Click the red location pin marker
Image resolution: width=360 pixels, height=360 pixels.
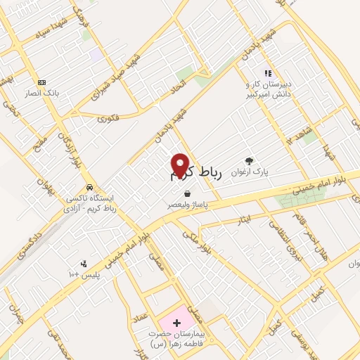pos(181,165)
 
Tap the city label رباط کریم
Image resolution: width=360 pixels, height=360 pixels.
pos(196,174)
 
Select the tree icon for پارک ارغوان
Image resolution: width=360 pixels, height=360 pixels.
pos(248,160)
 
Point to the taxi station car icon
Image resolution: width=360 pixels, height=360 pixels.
pos(89,188)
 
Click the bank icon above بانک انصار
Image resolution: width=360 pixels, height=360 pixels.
pos(41,82)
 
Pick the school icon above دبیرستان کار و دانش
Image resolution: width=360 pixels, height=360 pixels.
pos(266,72)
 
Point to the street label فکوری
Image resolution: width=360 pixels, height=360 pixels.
pos(111,118)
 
